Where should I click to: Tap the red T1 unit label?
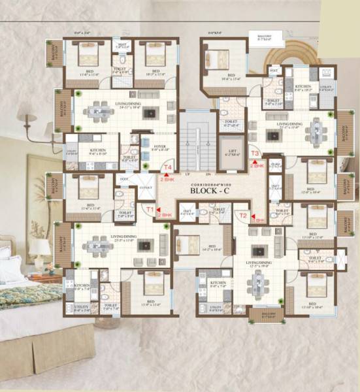(150, 210)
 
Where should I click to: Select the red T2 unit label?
(243, 215)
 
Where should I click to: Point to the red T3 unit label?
(255, 154)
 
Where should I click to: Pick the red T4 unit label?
(168, 168)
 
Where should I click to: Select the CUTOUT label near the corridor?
(145, 187)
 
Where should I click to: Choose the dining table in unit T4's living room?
(99, 112)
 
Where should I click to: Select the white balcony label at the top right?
(267, 37)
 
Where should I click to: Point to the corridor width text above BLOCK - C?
(212, 184)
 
